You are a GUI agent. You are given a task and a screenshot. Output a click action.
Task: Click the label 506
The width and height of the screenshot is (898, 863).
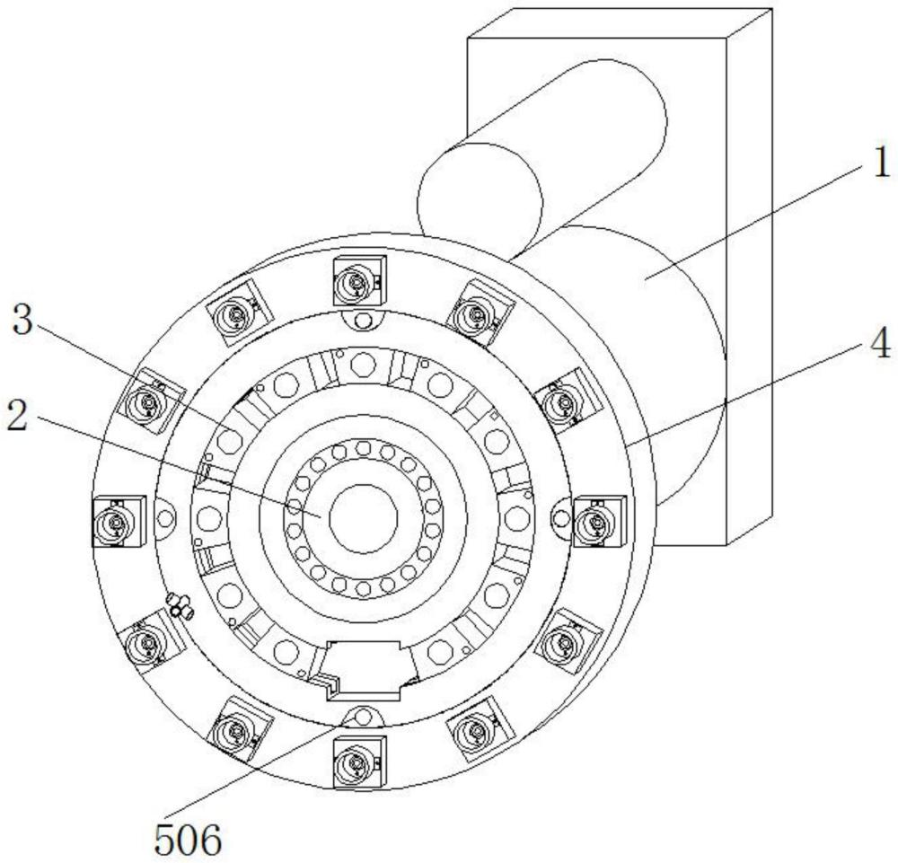tap(188, 841)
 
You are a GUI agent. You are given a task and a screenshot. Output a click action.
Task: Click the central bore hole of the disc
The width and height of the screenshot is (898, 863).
tap(364, 518)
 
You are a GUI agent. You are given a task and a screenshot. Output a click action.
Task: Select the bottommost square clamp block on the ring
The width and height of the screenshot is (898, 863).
tap(358, 762)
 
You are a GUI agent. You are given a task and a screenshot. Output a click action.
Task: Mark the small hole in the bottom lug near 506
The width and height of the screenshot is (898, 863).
tap(363, 716)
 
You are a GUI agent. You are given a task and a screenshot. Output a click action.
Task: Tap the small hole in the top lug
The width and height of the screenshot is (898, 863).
tap(363, 321)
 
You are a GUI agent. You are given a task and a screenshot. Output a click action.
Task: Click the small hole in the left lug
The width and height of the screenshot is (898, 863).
tap(163, 518)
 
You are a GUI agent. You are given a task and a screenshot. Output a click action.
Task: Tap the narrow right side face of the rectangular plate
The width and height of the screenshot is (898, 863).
tap(750, 278)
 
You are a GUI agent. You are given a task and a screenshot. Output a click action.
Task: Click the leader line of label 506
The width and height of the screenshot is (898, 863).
tap(260, 772)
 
